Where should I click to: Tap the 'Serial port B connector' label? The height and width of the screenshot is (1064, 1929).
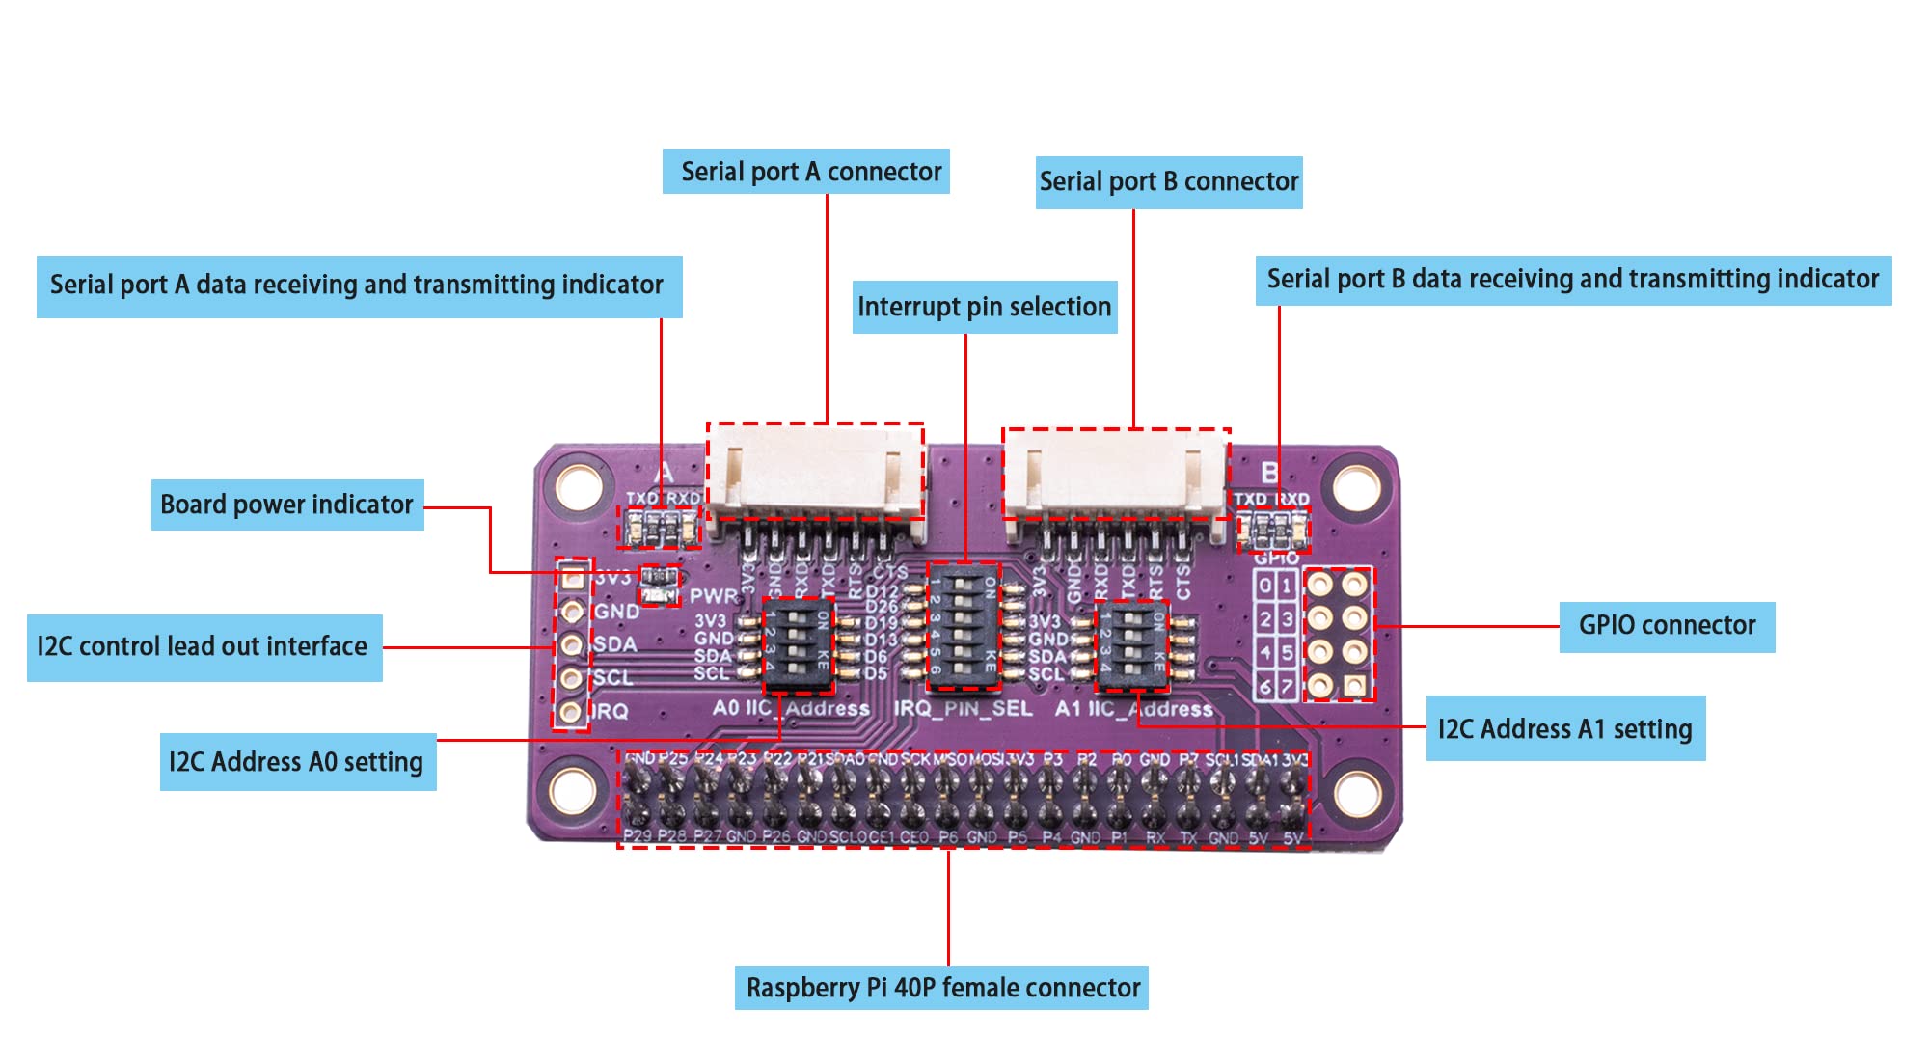click(1169, 182)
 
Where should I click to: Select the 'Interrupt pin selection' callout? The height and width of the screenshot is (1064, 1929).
click(985, 307)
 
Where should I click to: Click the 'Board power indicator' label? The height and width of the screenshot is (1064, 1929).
click(286, 505)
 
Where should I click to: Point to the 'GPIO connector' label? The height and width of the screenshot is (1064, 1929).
click(1667, 626)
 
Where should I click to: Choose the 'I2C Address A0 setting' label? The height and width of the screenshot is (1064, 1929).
click(297, 762)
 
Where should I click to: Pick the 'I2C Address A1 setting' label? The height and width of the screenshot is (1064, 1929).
click(1564, 728)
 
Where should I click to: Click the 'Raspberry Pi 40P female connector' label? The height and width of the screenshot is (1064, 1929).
click(942, 988)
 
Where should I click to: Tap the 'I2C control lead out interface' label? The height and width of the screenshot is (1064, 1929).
click(204, 647)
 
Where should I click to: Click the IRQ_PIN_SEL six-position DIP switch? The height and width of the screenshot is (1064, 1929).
click(964, 626)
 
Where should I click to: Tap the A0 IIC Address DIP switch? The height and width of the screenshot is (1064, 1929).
click(798, 644)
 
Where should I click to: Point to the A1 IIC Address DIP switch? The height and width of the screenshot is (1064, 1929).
click(1132, 645)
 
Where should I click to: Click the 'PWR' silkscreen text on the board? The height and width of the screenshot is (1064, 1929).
click(713, 596)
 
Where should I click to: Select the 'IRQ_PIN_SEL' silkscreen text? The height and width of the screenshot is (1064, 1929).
click(963, 709)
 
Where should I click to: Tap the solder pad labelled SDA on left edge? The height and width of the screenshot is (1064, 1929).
click(572, 644)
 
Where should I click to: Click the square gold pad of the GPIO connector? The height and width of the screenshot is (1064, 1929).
click(1355, 685)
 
